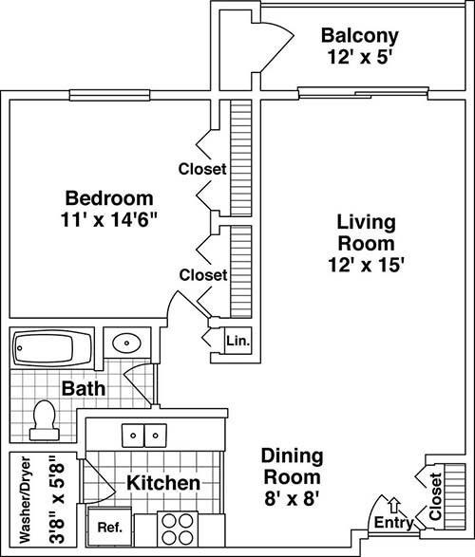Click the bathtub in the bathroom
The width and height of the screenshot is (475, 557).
tap(52, 348)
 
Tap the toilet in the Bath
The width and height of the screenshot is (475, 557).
tap(45, 420)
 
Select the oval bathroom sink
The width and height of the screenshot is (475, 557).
tap(126, 343)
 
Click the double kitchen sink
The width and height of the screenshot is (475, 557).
tap(144, 436)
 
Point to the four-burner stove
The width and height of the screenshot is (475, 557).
tap(178, 529)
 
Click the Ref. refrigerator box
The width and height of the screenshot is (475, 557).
tap(110, 528)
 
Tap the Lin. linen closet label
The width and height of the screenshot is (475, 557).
tap(238, 341)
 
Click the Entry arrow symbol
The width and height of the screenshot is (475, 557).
tap(393, 505)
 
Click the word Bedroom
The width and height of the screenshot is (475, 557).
tap(109, 198)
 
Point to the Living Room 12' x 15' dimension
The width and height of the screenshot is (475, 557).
tap(366, 265)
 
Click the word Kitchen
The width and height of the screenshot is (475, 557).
tap(163, 483)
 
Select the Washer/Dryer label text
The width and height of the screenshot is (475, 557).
tap(26, 500)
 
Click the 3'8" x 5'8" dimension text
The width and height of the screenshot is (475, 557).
tap(57, 500)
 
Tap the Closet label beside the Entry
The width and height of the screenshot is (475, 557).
tap(435, 496)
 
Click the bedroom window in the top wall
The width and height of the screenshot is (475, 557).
tap(109, 95)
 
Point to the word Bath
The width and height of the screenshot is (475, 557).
tap(84, 389)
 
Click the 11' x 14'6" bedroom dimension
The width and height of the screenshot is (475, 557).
tap(109, 219)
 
